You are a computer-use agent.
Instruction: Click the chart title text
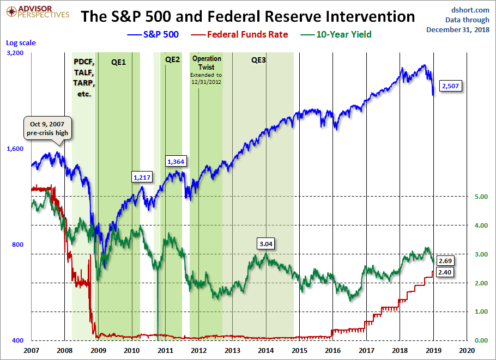(247, 16)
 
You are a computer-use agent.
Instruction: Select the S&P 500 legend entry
(148, 34)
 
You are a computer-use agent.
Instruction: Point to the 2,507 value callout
(451, 86)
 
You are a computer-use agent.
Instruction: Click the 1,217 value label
(142, 177)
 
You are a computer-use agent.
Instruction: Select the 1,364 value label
(176, 162)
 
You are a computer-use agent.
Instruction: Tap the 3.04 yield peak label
(265, 243)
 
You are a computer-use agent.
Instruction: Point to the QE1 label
(118, 62)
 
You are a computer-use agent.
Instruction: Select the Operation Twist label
(206, 62)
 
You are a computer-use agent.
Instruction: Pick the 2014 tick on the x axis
(266, 350)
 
